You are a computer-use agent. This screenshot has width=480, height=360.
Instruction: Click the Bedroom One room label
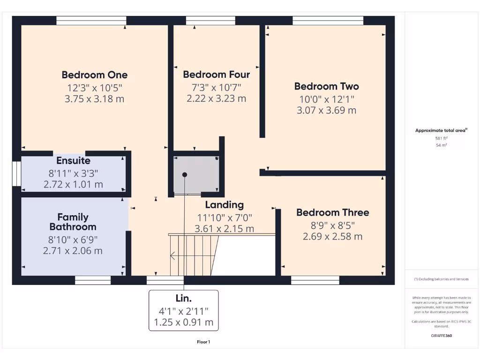coord(94,75)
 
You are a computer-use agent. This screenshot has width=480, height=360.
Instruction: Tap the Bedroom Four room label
coord(216,75)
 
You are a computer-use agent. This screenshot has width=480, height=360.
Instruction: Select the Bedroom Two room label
coord(326,86)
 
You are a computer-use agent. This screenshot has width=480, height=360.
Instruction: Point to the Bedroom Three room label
coord(332,212)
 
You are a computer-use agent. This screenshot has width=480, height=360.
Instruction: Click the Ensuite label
coord(73,161)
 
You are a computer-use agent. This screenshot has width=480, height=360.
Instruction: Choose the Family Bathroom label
coord(73,222)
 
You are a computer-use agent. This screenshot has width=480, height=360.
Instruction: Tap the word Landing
coord(224,205)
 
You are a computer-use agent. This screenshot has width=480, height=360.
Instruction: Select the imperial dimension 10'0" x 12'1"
coord(326,99)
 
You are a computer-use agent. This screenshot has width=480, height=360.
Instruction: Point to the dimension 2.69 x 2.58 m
coord(332,236)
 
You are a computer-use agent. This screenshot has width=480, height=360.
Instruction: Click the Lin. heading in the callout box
coord(183,299)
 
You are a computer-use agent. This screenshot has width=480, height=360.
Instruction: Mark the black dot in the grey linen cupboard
coord(185,174)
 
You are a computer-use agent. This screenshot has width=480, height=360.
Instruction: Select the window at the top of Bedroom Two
coord(328,21)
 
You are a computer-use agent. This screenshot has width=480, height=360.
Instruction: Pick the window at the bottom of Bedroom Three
coord(315,280)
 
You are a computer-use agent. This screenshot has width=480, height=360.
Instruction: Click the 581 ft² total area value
coord(441,138)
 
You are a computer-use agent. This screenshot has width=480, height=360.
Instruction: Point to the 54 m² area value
coord(441,145)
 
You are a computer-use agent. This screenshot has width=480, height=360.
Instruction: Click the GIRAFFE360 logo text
coord(441,336)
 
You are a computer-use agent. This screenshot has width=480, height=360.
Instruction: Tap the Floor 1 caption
coord(203,342)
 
